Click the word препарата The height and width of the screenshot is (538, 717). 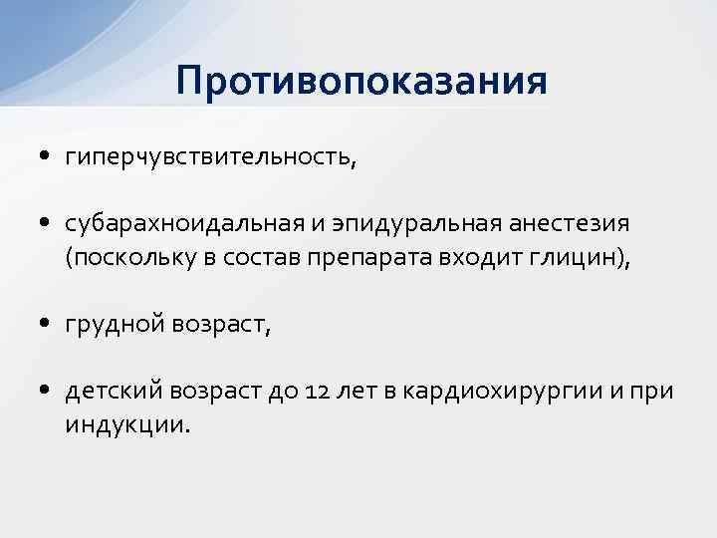pos(381,258)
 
